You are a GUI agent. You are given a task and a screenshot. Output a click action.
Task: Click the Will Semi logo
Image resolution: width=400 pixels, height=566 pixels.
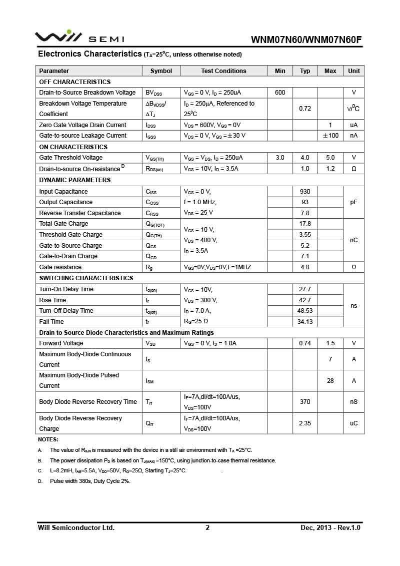tap(79, 38)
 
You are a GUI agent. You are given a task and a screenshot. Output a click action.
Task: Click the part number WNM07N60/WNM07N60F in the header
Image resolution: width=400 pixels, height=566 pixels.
tap(306, 40)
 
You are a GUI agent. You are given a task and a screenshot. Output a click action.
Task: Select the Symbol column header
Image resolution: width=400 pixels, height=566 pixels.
tap(161, 71)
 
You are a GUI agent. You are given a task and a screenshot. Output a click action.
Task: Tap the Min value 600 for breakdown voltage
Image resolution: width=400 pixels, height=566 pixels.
tap(280, 93)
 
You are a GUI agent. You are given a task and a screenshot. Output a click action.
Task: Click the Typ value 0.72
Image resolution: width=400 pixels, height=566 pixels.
tap(305, 109)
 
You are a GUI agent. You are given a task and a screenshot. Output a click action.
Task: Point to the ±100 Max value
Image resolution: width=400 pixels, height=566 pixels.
tap(330, 136)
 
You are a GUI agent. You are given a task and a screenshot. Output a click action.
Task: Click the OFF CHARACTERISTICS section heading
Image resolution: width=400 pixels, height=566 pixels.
tap(75, 82)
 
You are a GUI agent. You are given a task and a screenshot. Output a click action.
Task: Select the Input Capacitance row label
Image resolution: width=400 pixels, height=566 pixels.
tap(63, 192)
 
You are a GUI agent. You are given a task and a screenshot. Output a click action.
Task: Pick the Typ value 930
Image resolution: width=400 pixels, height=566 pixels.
tap(305, 192)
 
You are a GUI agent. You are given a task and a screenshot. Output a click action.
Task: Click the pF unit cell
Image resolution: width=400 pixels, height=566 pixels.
tap(354, 202)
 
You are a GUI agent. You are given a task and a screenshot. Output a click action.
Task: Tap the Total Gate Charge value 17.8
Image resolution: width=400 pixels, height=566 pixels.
tap(305, 224)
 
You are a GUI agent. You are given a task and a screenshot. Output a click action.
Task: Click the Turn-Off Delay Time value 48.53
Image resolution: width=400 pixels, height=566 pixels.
tap(305, 311)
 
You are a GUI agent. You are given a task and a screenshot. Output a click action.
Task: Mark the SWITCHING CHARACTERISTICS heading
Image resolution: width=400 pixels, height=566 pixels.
tap(86, 278)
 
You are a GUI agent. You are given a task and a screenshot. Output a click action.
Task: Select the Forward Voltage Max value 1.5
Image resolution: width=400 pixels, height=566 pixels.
tap(330, 343)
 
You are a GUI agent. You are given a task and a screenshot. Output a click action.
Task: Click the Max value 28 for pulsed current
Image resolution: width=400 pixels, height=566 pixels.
tap(330, 381)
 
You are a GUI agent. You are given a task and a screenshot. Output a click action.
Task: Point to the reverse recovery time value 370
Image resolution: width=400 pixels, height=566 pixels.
tap(305, 402)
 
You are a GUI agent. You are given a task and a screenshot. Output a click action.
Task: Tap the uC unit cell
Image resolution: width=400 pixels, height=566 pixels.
tap(354, 423)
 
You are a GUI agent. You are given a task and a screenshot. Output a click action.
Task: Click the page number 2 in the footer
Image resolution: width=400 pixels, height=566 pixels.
tap(207, 527)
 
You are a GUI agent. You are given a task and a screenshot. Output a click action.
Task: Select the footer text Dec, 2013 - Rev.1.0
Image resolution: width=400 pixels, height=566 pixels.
tap(330, 527)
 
